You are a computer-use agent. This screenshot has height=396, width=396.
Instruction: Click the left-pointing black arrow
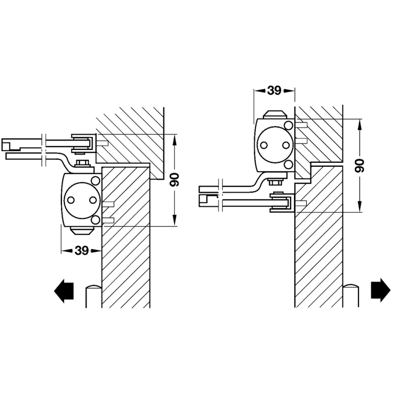point(64,291)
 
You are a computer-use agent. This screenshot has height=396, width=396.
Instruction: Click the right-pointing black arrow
point(381,290)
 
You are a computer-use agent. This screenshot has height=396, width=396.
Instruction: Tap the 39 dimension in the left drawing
point(82,251)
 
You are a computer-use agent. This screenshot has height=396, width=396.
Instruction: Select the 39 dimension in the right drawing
point(274,91)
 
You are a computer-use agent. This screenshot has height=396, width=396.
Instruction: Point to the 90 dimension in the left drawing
point(174,180)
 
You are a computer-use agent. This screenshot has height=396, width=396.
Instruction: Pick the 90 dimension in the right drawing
point(359,165)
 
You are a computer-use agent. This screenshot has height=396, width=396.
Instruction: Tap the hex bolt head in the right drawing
point(275,182)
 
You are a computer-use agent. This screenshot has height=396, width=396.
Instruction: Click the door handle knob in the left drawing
point(94,296)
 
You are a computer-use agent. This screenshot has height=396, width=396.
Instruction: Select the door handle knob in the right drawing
point(351,296)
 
